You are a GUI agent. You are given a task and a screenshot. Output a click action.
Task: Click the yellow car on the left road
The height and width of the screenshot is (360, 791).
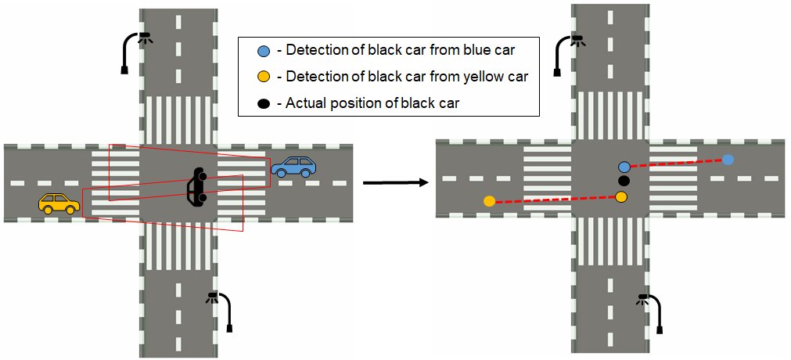[x=59, y=203]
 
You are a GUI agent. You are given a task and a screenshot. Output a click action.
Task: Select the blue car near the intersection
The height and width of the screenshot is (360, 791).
[x=294, y=166]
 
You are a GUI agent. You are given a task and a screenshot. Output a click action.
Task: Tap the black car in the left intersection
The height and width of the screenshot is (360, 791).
[x=196, y=188]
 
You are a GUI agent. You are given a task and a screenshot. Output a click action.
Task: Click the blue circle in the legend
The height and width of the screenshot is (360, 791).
[x=264, y=52]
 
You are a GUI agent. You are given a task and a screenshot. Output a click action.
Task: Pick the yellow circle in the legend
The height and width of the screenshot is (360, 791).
[x=264, y=77]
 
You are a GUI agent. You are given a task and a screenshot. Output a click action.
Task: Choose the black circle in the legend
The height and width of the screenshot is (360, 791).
[x=264, y=103]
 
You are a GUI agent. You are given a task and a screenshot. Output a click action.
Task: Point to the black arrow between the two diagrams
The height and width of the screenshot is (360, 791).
[x=394, y=182]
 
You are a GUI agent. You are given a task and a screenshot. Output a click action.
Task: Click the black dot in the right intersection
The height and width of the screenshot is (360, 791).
[x=624, y=181]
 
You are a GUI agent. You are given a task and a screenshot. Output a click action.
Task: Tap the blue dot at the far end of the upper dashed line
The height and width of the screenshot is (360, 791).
[x=728, y=160]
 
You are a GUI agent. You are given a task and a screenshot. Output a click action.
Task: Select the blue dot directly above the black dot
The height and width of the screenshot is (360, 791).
[x=624, y=167]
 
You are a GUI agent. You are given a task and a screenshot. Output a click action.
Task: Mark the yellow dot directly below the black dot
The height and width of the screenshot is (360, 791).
[x=621, y=196]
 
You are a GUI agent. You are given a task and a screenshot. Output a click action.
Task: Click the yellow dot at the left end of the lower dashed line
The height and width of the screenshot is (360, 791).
[x=490, y=201]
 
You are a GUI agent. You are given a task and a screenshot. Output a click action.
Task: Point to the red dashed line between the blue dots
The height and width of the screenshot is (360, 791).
[x=677, y=163]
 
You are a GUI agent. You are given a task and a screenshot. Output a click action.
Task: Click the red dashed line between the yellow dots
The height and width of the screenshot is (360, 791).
[x=555, y=199]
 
